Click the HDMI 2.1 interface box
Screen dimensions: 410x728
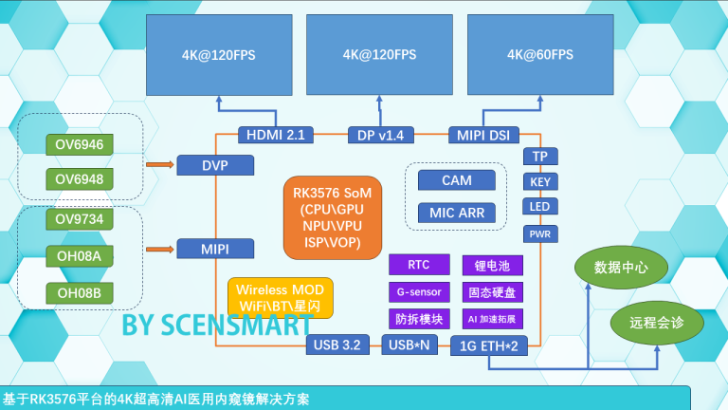[x=275, y=136]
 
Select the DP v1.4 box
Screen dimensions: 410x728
[x=381, y=136]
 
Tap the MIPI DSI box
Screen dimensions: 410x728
[x=484, y=136]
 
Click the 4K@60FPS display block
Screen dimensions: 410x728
[x=540, y=54]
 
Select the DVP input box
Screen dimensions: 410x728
[x=215, y=165]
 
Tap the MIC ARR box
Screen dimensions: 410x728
[x=457, y=214]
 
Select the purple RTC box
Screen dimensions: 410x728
[x=418, y=265]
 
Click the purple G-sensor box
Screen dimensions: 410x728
[x=418, y=291]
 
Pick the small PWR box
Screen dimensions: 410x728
[x=539, y=233]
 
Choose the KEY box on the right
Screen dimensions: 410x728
[x=539, y=181]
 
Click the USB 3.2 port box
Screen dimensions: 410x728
[x=337, y=345]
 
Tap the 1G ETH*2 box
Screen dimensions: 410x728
[x=488, y=345]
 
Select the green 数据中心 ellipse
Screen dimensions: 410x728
[x=621, y=268]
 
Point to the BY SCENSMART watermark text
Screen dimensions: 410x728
[x=215, y=325]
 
